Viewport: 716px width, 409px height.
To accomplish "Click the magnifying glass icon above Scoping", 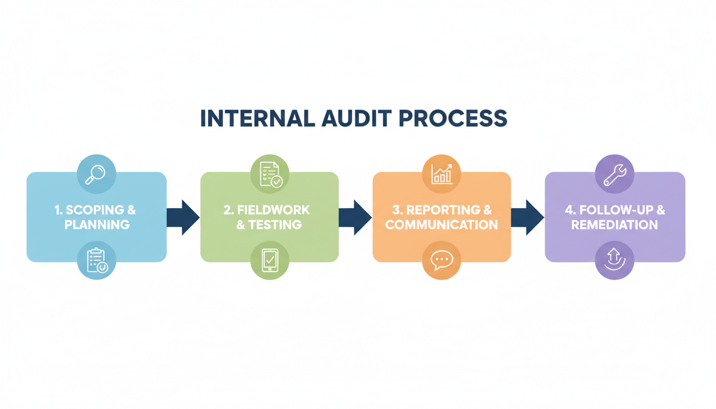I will [x=96, y=174].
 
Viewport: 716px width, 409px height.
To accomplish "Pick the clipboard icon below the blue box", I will [x=96, y=260].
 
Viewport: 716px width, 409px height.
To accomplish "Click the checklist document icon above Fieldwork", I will [x=270, y=174].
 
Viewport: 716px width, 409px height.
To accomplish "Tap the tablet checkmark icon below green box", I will [x=270, y=260].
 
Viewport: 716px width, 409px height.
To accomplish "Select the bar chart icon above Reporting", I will [x=442, y=174].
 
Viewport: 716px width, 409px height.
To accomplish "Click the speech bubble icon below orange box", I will [x=442, y=260].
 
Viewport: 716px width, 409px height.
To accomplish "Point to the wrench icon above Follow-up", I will [x=615, y=174].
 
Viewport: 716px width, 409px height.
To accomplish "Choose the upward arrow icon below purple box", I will [x=615, y=260].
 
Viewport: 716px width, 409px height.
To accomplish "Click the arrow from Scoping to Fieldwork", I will [x=183, y=217].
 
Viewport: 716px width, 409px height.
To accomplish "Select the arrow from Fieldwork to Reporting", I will [x=355, y=217].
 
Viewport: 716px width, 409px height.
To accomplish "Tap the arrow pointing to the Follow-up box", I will [x=527, y=217].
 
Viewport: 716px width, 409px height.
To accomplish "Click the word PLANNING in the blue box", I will [x=97, y=225].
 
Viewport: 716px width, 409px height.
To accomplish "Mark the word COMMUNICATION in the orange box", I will [x=442, y=225].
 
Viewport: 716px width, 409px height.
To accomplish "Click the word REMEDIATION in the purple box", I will [x=615, y=225].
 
